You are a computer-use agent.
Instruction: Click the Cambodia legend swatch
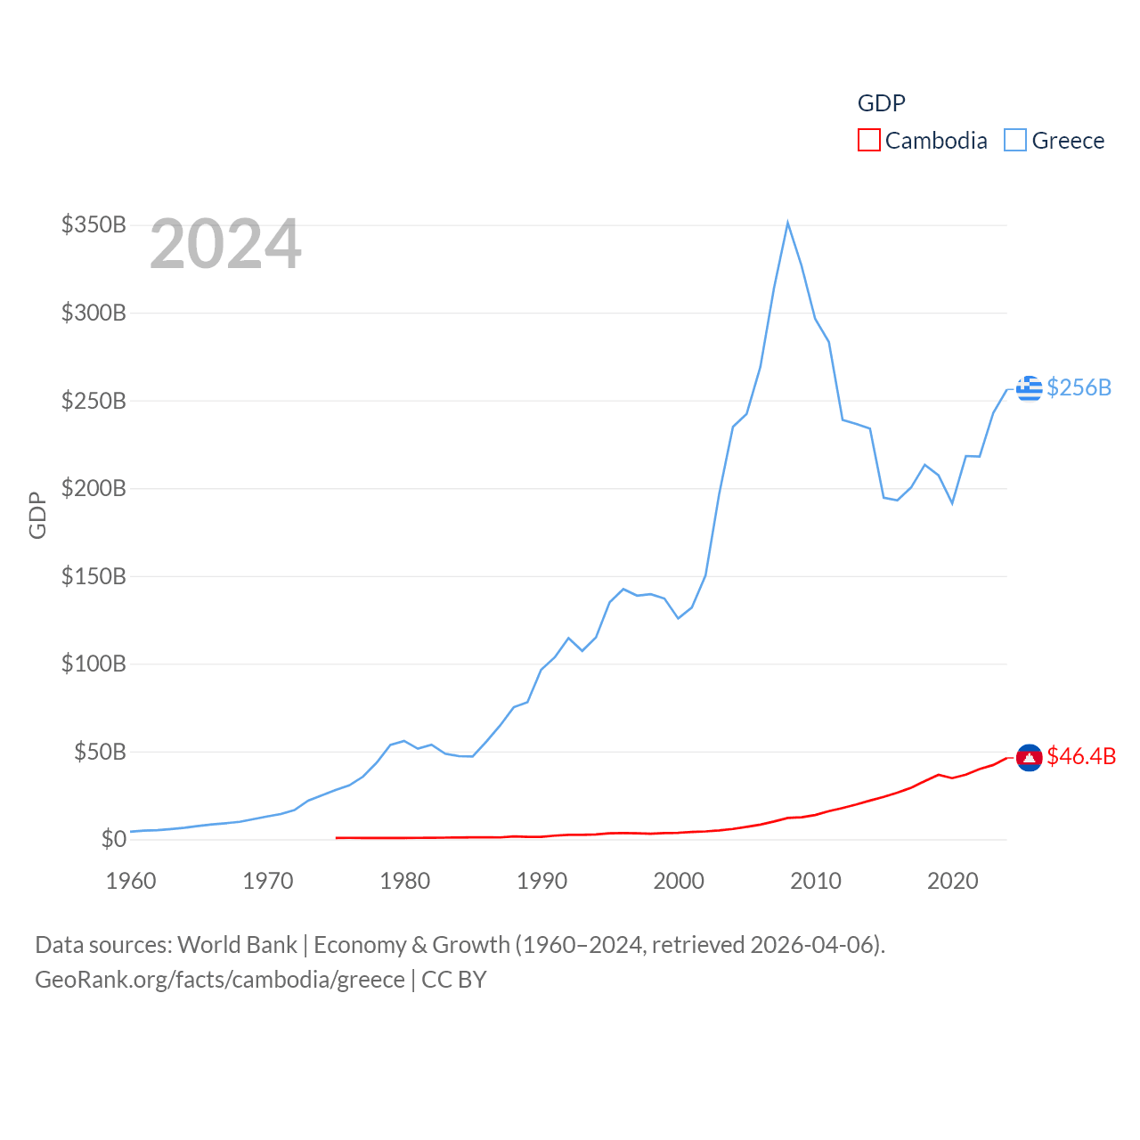tap(868, 141)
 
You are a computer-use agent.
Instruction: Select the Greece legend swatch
tap(1014, 141)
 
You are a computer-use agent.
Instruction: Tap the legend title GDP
tap(881, 103)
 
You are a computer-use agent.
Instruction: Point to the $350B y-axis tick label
tap(94, 224)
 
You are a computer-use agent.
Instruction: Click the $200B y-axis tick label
tap(94, 488)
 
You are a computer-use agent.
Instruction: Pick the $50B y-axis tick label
tap(100, 752)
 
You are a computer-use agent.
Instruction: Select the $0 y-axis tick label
tap(113, 839)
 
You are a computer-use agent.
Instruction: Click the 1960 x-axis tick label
tap(131, 881)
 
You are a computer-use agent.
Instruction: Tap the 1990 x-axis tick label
tap(541, 881)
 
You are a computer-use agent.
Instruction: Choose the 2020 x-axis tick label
tap(952, 881)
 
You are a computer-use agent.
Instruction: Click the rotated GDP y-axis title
tap(37, 515)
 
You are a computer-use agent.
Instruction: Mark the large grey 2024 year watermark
tap(225, 244)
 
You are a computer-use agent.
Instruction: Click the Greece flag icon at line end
tap(1029, 388)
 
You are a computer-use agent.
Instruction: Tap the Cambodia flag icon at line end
tap(1029, 757)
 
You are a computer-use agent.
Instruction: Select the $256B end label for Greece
tap(1079, 387)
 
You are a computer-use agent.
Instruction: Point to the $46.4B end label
tap(1081, 756)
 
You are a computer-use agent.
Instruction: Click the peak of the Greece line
tap(787, 223)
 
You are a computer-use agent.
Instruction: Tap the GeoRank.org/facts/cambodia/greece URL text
tap(220, 980)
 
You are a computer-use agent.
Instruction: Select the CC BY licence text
tap(454, 980)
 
